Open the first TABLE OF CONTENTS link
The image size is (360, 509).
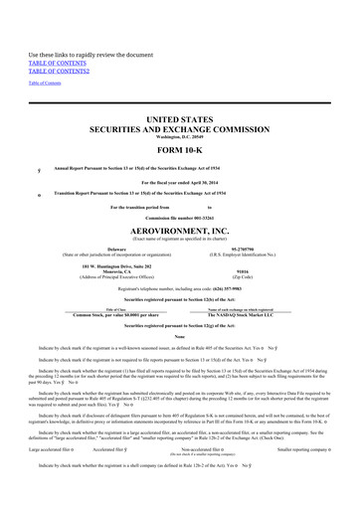(x=54, y=64)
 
